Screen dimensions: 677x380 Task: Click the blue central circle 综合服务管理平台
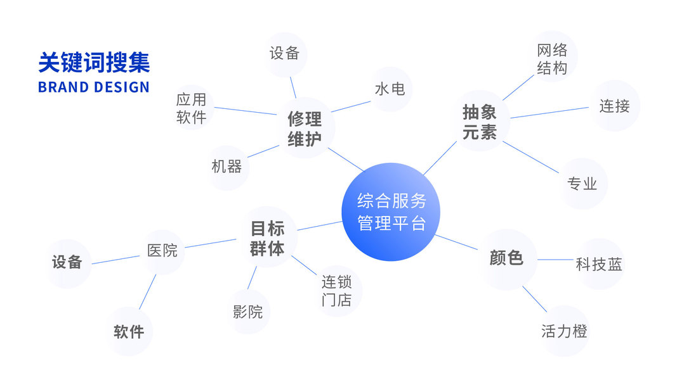391,212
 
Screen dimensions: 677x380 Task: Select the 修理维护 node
305,129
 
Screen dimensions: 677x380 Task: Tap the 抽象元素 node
480,123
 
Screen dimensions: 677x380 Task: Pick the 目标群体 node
267,238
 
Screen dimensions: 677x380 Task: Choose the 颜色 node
506,258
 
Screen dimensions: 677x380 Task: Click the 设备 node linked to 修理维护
284,54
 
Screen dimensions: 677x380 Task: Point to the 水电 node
390,89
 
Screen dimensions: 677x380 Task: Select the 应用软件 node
192,108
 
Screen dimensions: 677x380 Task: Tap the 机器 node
227,167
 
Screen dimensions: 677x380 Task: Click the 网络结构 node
552,59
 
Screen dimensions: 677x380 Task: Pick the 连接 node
614,106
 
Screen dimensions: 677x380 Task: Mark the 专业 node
582,184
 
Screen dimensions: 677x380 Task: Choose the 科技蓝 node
599,264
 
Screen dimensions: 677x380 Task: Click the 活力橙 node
564,331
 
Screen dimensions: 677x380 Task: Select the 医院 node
162,251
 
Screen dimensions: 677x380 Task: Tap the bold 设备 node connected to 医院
67,262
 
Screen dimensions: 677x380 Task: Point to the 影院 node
247,312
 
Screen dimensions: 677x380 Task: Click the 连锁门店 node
336,291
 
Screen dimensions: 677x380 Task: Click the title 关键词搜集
94,63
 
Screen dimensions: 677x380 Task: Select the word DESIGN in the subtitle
120,87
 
